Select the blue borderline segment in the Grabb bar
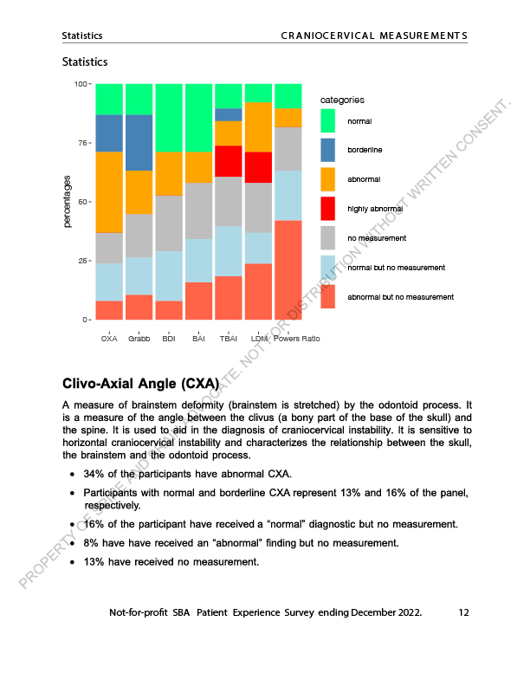pos(139,143)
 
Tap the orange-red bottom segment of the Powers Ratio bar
pos(288,270)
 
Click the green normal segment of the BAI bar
pos(198,118)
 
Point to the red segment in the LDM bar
pos(258,167)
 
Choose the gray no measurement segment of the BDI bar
pos(169,223)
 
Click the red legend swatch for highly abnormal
pos(329,209)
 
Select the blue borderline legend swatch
pos(329,150)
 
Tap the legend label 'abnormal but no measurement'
pos(400,297)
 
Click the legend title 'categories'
pos(342,100)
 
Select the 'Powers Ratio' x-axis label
pos(296,339)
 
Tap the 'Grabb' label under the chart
pos(139,339)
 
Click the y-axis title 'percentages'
pos(68,202)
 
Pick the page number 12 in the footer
pos(463,612)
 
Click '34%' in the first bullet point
pos(94,475)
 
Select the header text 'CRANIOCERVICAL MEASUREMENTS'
pos(374,36)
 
